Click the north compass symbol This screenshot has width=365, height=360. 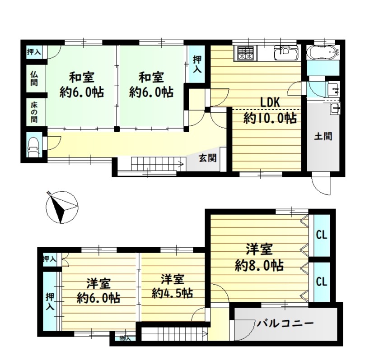point(62,207)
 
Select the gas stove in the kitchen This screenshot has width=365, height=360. point(245,53)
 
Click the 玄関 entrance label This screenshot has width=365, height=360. point(207,158)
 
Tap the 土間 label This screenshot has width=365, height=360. point(323,136)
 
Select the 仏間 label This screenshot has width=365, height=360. point(34,78)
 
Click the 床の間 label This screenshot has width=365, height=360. point(34,112)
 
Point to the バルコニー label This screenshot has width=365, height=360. point(285,323)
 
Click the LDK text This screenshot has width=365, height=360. point(270,102)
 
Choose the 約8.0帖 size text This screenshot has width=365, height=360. point(259,265)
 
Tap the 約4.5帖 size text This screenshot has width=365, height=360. point(173,293)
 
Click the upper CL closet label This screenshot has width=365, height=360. point(322,235)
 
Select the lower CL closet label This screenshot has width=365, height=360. point(322,282)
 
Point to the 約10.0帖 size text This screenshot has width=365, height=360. point(270,119)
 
